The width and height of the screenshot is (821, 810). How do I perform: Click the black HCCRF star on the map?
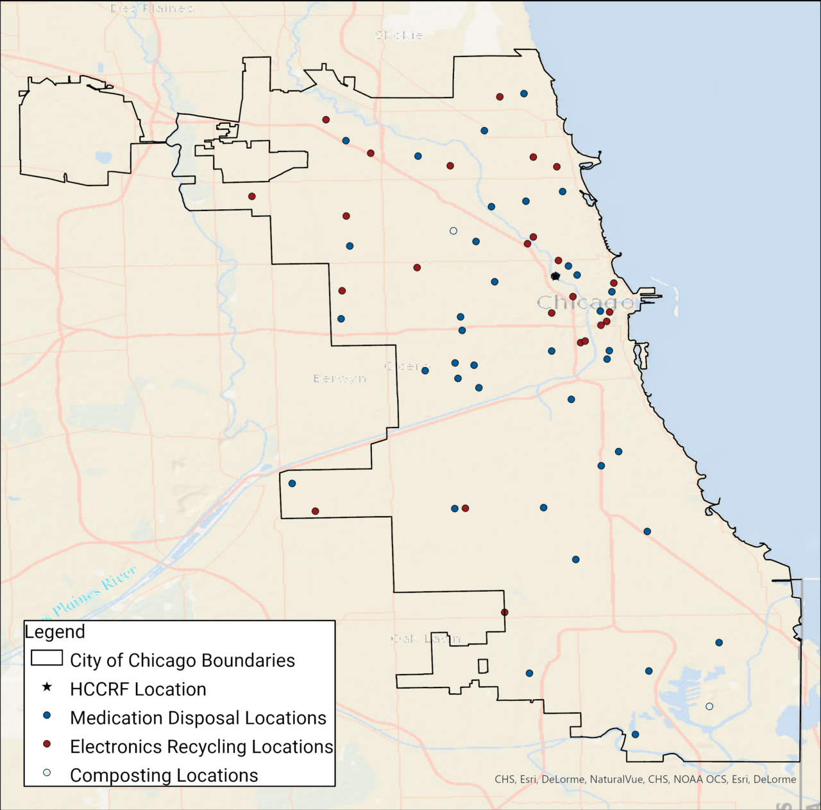(x=555, y=276)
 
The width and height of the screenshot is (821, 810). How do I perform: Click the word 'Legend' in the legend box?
(x=55, y=632)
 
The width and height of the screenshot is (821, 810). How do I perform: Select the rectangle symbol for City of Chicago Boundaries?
(x=47, y=659)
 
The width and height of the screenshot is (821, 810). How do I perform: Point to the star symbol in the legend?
(x=47, y=687)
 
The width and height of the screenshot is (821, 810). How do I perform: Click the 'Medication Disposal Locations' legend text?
(x=198, y=718)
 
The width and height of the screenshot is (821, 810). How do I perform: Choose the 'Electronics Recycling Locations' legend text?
(x=201, y=746)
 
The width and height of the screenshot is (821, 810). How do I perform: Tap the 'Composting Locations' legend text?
(x=164, y=775)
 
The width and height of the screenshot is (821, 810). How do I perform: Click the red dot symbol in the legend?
(x=47, y=744)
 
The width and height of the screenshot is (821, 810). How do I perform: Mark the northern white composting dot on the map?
(x=453, y=231)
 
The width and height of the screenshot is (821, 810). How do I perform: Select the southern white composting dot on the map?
(x=709, y=707)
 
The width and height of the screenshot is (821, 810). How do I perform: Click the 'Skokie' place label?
(x=399, y=35)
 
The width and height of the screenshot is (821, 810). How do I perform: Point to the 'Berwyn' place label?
(x=340, y=379)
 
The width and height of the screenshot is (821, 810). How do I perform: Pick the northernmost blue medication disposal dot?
(x=524, y=94)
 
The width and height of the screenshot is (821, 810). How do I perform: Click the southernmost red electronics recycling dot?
(x=505, y=612)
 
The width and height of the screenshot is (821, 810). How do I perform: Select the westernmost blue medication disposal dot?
(x=292, y=483)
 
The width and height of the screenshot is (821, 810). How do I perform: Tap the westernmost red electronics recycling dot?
(x=252, y=196)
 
